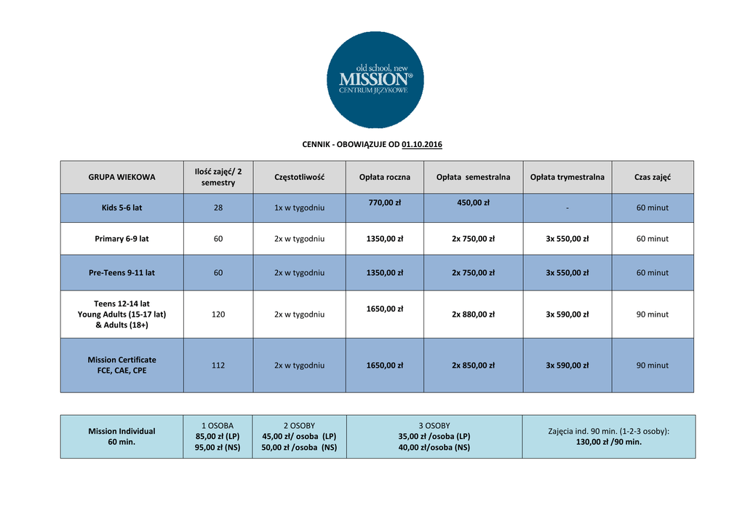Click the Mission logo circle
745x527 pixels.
[375, 80]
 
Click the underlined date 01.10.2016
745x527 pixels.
[422, 144]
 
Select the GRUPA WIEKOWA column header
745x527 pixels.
[121, 177]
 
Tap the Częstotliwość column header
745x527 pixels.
[299, 177]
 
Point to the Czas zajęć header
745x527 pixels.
[653, 177]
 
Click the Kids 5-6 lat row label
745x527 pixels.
[121, 207]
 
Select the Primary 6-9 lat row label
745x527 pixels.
[121, 238]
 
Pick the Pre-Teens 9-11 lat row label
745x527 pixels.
[121, 272]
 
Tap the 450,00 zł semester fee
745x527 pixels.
[473, 202]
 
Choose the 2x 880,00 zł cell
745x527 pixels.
[473, 314]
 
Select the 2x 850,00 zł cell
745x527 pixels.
[473, 365]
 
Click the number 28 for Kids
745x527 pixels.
[218, 207]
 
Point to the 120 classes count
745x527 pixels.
[218, 314]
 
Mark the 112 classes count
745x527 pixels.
[218, 365]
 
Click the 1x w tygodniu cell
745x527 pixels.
[299, 207]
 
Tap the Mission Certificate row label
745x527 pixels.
[121, 365]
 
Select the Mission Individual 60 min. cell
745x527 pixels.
[121, 436]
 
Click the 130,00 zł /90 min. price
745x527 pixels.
[608, 441]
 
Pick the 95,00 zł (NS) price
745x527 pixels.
[218, 447]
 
